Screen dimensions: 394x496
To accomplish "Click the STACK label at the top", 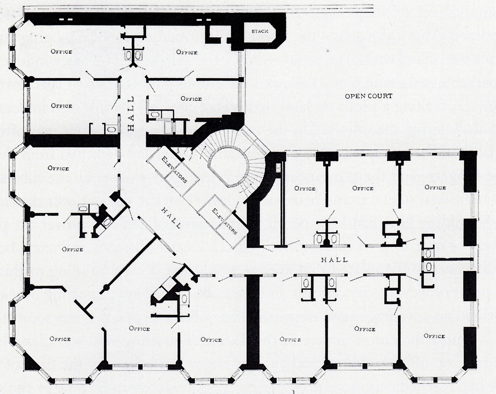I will tap(260, 31).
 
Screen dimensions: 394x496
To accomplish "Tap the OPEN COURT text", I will tap(368, 96).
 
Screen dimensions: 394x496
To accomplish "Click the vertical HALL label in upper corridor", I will tap(131, 114).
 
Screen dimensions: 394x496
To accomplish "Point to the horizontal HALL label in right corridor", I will tap(334, 260).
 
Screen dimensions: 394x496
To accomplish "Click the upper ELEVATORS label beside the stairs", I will tap(174, 170).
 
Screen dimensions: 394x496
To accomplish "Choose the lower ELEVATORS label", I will tap(224, 221).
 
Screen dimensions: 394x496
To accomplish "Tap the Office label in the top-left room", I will tap(62, 52).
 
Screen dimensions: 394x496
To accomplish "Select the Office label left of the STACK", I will tap(187, 52).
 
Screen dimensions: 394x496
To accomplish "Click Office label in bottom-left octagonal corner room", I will tap(60, 339).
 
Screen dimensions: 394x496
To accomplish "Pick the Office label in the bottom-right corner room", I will tap(434, 336).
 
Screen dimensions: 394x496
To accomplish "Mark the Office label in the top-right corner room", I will tap(435, 188).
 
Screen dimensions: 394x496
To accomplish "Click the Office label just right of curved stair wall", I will tap(305, 188).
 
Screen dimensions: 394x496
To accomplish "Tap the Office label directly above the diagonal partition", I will tap(72, 249).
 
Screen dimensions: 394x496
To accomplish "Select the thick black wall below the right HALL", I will tap(253, 320).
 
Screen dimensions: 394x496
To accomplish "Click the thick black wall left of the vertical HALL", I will tap(72, 140).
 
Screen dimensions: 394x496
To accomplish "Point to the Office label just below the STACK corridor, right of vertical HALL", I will tap(191, 99).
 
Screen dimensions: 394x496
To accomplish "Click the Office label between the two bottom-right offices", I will tap(365, 329).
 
